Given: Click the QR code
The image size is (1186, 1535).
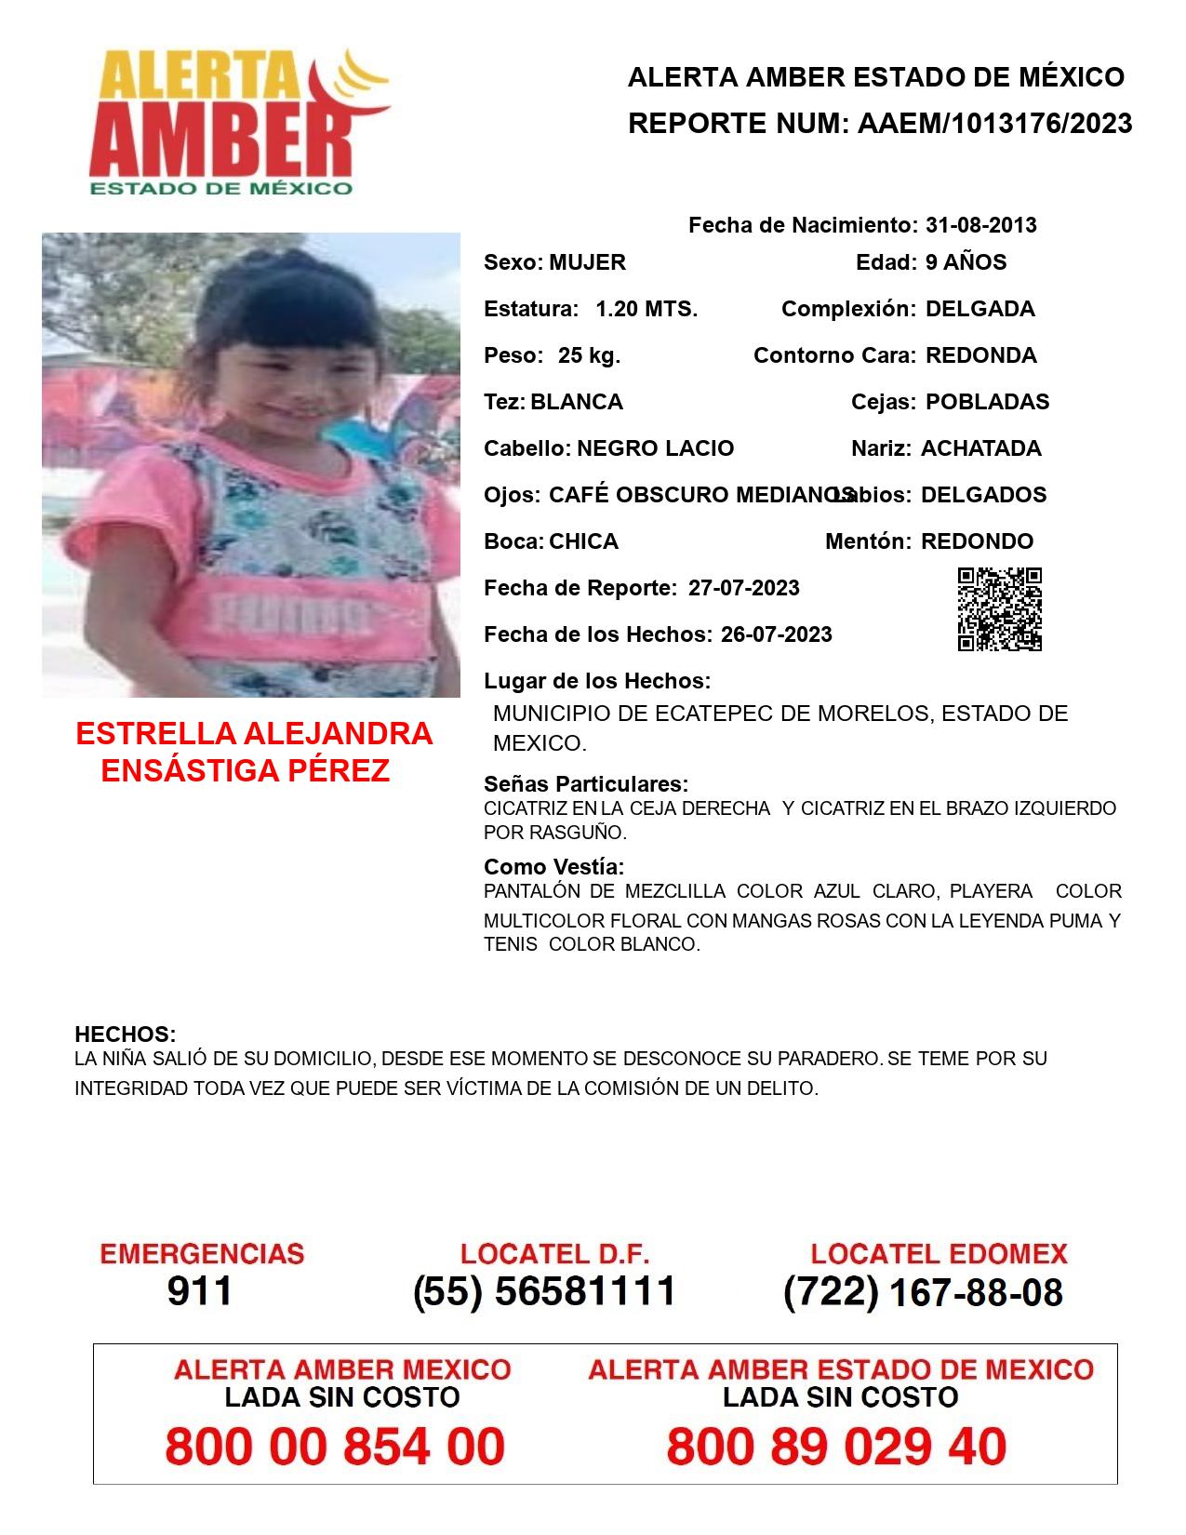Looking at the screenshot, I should tap(1000, 609).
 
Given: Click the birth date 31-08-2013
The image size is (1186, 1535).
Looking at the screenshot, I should tap(980, 225).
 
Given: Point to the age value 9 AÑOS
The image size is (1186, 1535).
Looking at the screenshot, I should tap(966, 262).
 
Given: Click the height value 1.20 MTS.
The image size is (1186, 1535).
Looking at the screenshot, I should tap(646, 309).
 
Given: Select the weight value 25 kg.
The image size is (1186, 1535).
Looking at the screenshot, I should tap(589, 355).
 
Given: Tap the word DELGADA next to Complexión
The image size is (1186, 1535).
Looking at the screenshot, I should tap(979, 309).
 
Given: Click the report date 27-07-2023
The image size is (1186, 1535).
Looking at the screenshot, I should tap(743, 588).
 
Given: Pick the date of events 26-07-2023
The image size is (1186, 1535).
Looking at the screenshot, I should tap(776, 634).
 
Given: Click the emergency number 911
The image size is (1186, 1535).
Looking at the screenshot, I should tap(200, 1291).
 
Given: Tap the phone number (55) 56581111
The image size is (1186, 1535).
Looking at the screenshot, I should tap(544, 1291).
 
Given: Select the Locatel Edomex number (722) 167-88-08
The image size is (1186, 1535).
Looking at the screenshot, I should tap(923, 1292).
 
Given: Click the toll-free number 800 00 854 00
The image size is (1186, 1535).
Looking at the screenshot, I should tap(335, 1447).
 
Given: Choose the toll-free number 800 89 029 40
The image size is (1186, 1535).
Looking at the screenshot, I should tap(836, 1447).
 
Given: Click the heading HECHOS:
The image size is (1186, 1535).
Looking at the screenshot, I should tap(125, 1034).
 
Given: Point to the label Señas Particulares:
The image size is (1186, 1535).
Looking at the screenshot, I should tap(586, 783).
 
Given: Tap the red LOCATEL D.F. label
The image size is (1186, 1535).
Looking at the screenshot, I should tap(554, 1254).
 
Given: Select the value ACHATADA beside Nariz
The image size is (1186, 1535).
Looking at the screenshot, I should tap(980, 448).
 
